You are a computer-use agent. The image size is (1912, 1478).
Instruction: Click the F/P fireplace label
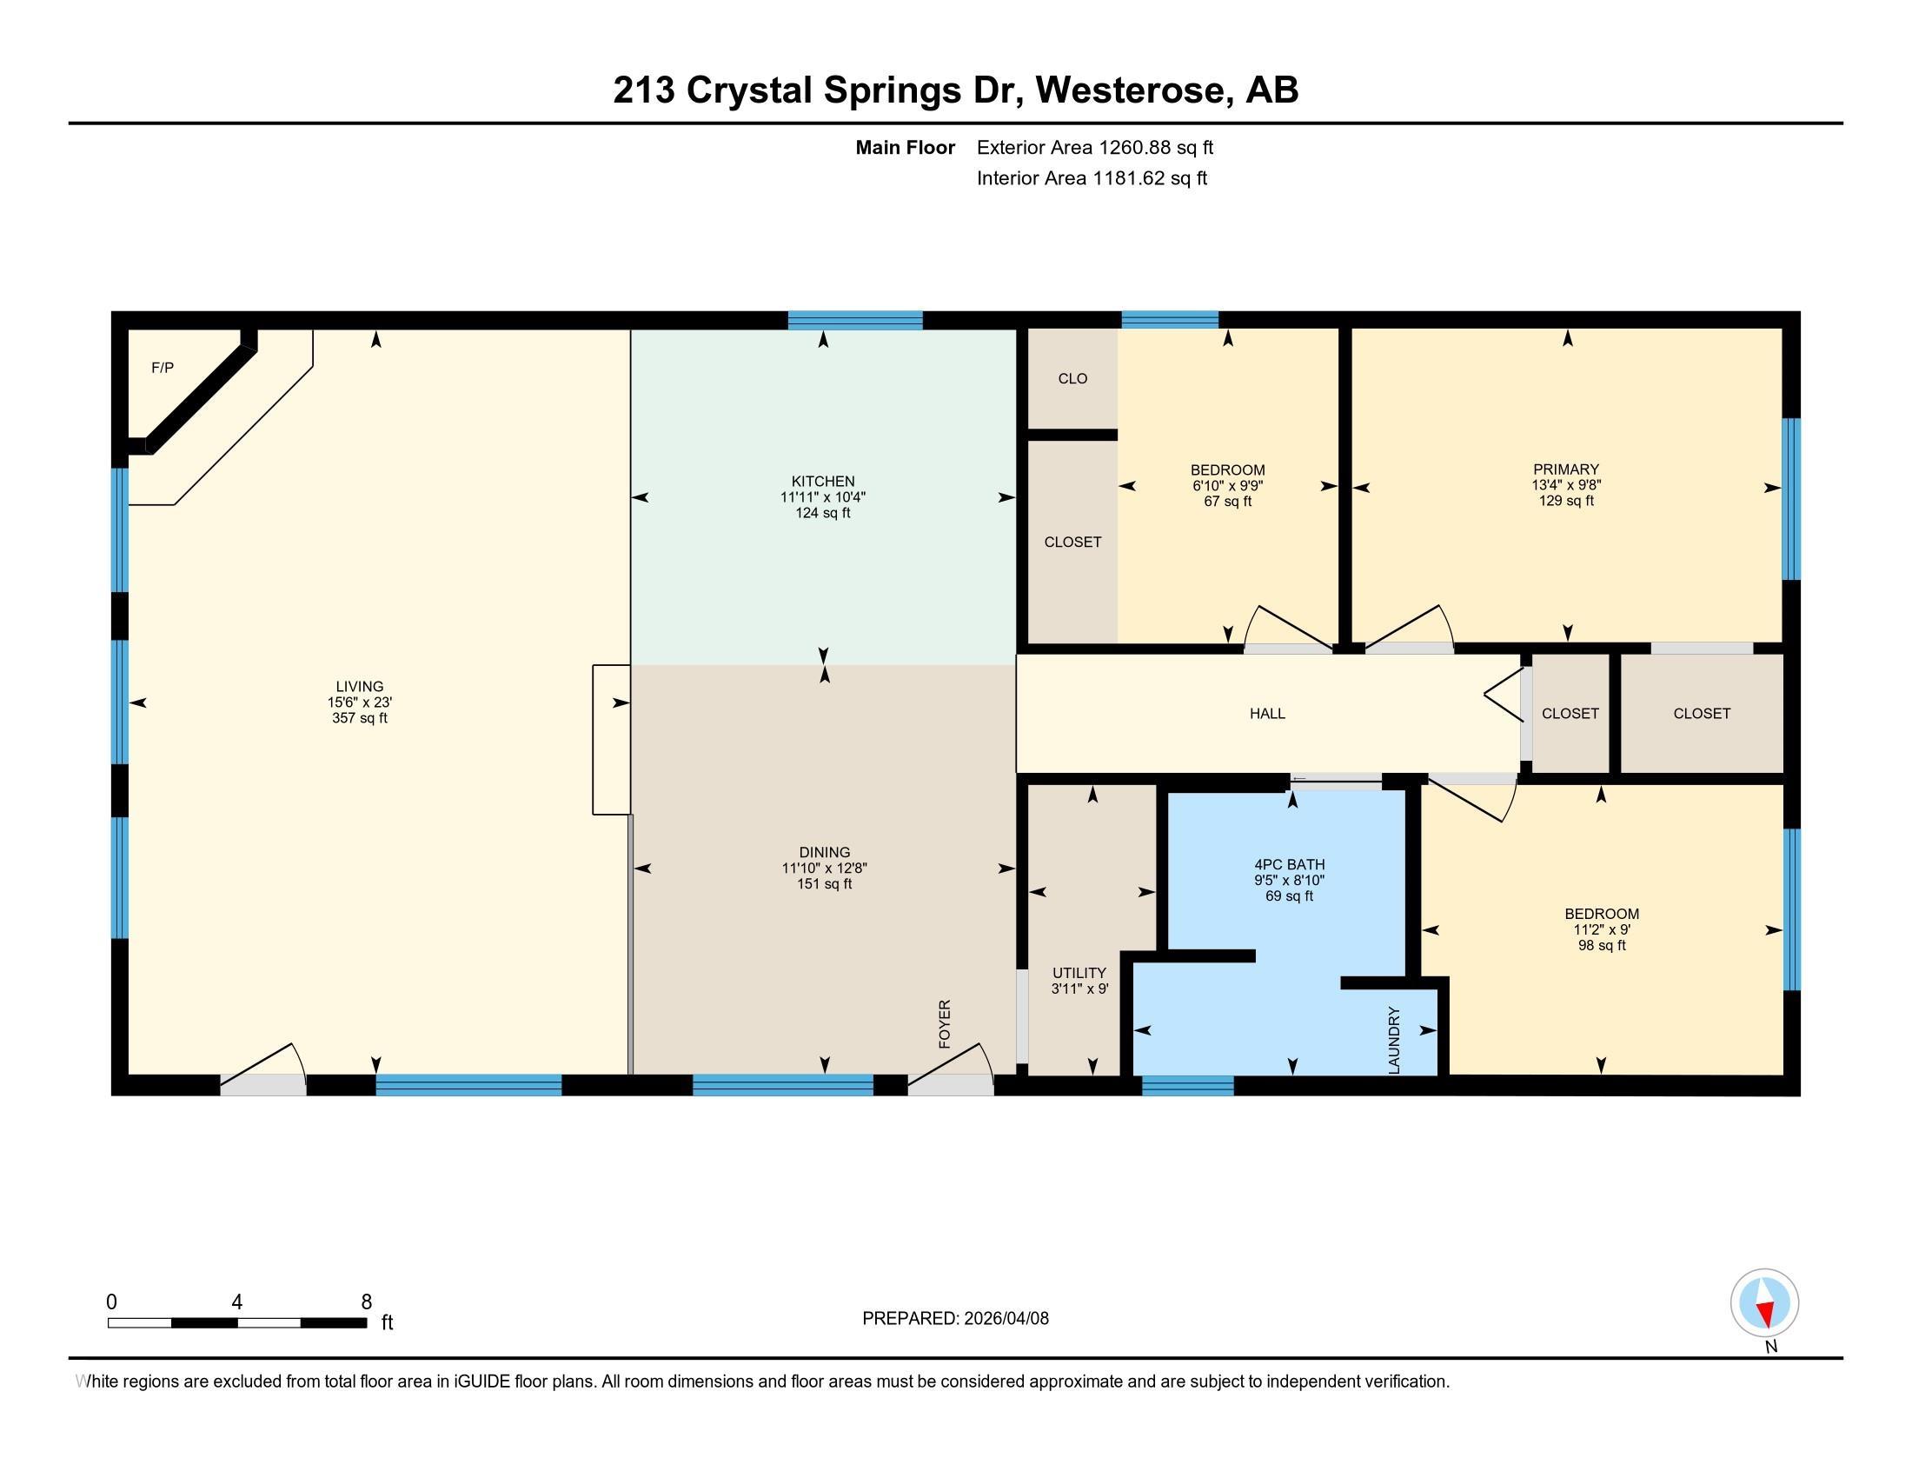tap(162, 368)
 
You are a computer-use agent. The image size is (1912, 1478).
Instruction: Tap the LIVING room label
tap(360, 687)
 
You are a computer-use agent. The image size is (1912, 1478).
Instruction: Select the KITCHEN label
tap(823, 481)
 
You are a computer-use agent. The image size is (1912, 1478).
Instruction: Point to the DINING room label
tap(825, 852)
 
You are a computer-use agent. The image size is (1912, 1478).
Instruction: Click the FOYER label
tap(945, 1023)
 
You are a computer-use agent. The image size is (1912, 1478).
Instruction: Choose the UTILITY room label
tap(1079, 973)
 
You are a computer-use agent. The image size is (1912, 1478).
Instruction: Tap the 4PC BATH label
tap(1290, 864)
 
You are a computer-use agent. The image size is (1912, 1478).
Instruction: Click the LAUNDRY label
tap(1395, 1040)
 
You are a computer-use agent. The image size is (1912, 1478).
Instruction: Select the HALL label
tap(1268, 714)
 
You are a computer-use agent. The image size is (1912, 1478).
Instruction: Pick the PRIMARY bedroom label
tap(1566, 469)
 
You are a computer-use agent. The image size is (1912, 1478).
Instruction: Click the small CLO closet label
tap(1072, 378)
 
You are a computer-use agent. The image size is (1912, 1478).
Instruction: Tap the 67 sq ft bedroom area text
tap(1227, 502)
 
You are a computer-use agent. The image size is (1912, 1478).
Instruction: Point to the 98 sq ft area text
tap(1602, 946)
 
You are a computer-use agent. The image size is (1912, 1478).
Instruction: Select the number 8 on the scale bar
tap(367, 1302)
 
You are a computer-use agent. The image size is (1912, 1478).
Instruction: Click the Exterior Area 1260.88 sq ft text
tap(1095, 147)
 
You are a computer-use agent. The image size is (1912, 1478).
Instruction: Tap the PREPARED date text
tap(955, 1318)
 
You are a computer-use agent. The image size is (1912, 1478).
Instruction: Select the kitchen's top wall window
tap(855, 320)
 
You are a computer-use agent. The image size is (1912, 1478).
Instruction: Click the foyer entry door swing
tap(951, 1068)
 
